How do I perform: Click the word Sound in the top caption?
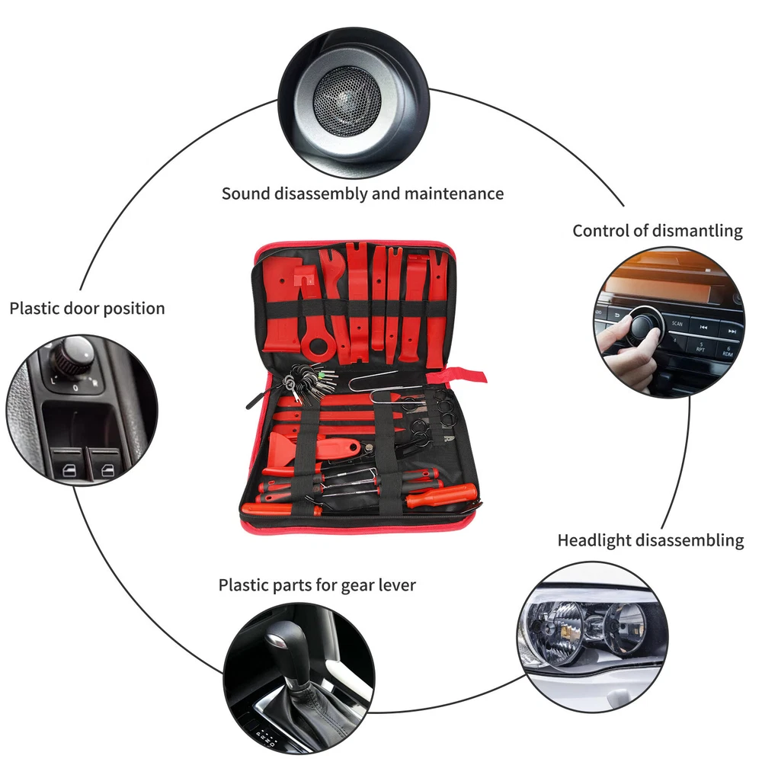(x=245, y=194)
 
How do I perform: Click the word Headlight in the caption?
(x=597, y=540)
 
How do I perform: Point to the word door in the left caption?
(x=87, y=309)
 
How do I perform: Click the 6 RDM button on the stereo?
(x=727, y=350)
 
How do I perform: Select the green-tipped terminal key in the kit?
(x=322, y=374)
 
